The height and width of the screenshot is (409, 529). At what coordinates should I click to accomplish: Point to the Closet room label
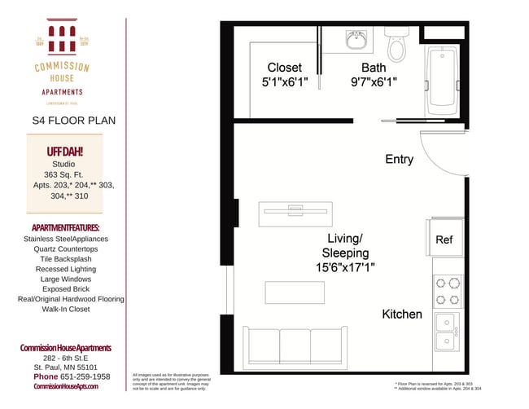pyautogui.click(x=284, y=68)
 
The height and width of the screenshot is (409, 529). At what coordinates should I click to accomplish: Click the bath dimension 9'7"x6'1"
pyautogui.click(x=374, y=82)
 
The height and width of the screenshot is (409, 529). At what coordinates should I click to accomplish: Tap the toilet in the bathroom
pyautogui.click(x=396, y=46)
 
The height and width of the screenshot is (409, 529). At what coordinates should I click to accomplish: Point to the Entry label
pyautogui.click(x=399, y=160)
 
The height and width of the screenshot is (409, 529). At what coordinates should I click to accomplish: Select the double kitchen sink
pyautogui.click(x=446, y=332)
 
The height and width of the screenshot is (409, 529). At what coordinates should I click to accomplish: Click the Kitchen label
pyautogui.click(x=402, y=314)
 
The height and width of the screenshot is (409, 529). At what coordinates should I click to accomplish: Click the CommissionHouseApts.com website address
pyautogui.click(x=65, y=386)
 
